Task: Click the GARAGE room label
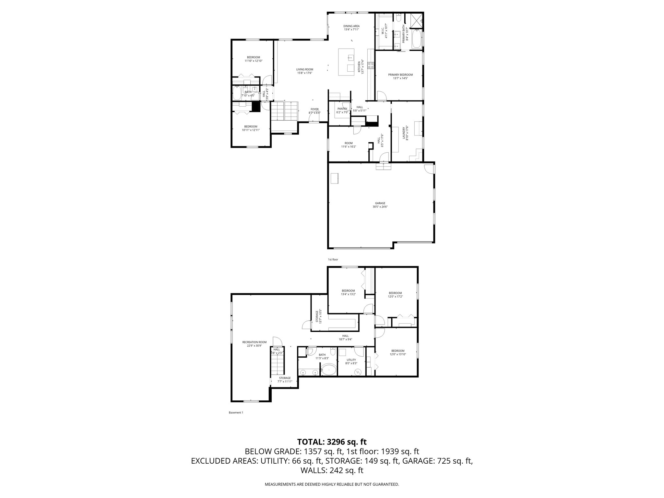pos(380,203)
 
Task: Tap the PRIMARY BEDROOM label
pos(400,75)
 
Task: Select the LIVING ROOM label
pos(304,69)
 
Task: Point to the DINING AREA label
pos(351,26)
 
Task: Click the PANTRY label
pos(342,109)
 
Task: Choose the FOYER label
pos(314,110)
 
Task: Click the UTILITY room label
pos(351,360)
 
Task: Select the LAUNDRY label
pos(404,133)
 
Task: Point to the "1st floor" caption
pos(333,259)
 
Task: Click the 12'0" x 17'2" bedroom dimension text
pos(395,296)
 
